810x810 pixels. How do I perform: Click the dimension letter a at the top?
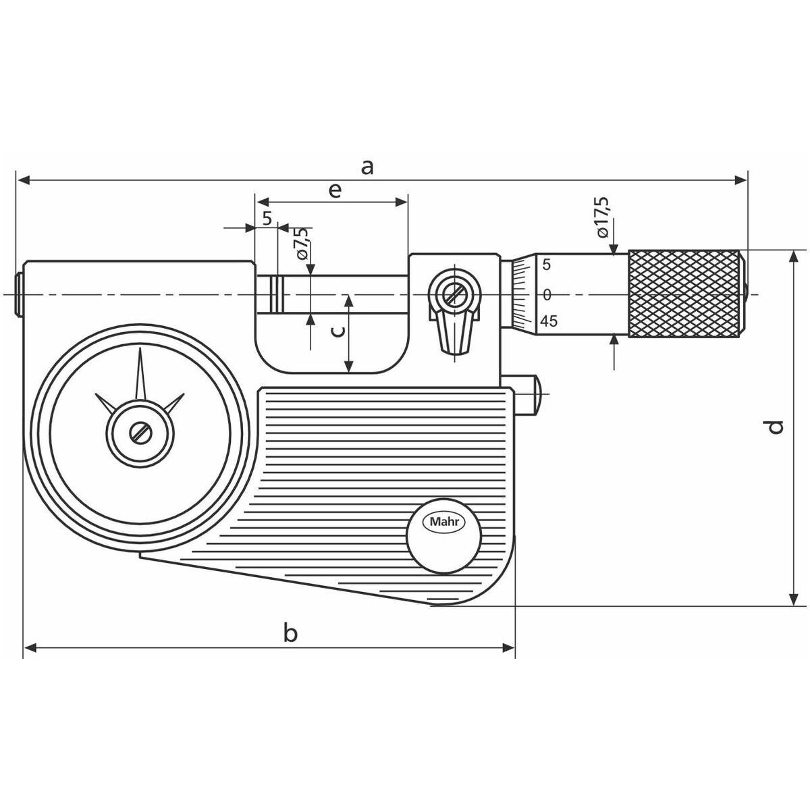click(x=367, y=166)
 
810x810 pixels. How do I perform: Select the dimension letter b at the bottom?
click(x=290, y=633)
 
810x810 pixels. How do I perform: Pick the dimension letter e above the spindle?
click(x=334, y=190)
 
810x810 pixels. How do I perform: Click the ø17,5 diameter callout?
click(x=602, y=216)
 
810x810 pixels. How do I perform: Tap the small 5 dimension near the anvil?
click(x=267, y=218)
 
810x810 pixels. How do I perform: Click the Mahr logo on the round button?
click(x=445, y=522)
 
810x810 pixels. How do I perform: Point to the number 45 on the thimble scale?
click(x=549, y=321)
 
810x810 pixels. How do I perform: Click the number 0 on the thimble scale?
click(x=547, y=294)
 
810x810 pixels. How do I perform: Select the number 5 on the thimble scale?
click(x=547, y=265)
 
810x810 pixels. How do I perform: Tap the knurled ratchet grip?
click(x=684, y=294)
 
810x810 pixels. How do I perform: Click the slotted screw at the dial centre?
click(x=141, y=433)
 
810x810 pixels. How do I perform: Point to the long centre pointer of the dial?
click(x=141, y=375)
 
